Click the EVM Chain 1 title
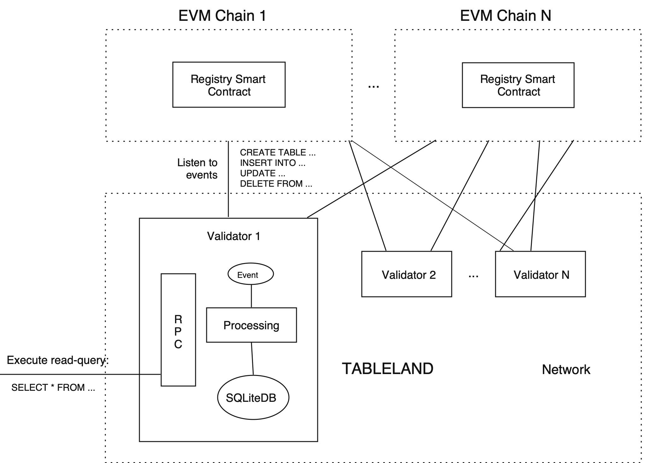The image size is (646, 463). point(222,15)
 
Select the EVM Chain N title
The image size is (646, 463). point(505,15)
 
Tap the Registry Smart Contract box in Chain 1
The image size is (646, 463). point(229,85)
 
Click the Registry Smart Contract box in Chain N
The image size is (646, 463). point(518,85)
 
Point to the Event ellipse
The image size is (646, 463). point(250,274)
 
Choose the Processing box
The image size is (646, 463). point(251,325)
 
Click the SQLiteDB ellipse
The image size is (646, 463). point(253,397)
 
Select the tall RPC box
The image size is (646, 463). point(178,330)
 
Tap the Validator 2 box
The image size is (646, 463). point(407,274)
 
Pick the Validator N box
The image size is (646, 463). point(540,274)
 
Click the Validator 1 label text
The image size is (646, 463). point(233,236)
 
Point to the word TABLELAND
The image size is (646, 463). point(388,369)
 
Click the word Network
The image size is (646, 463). point(566,370)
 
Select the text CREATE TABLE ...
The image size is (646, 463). point(273,153)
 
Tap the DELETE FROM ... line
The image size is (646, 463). point(276,184)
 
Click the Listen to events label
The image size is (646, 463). point(198,168)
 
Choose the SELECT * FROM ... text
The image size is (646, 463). point(53,387)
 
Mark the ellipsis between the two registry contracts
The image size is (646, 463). point(374,86)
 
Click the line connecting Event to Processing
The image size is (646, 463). point(251,296)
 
